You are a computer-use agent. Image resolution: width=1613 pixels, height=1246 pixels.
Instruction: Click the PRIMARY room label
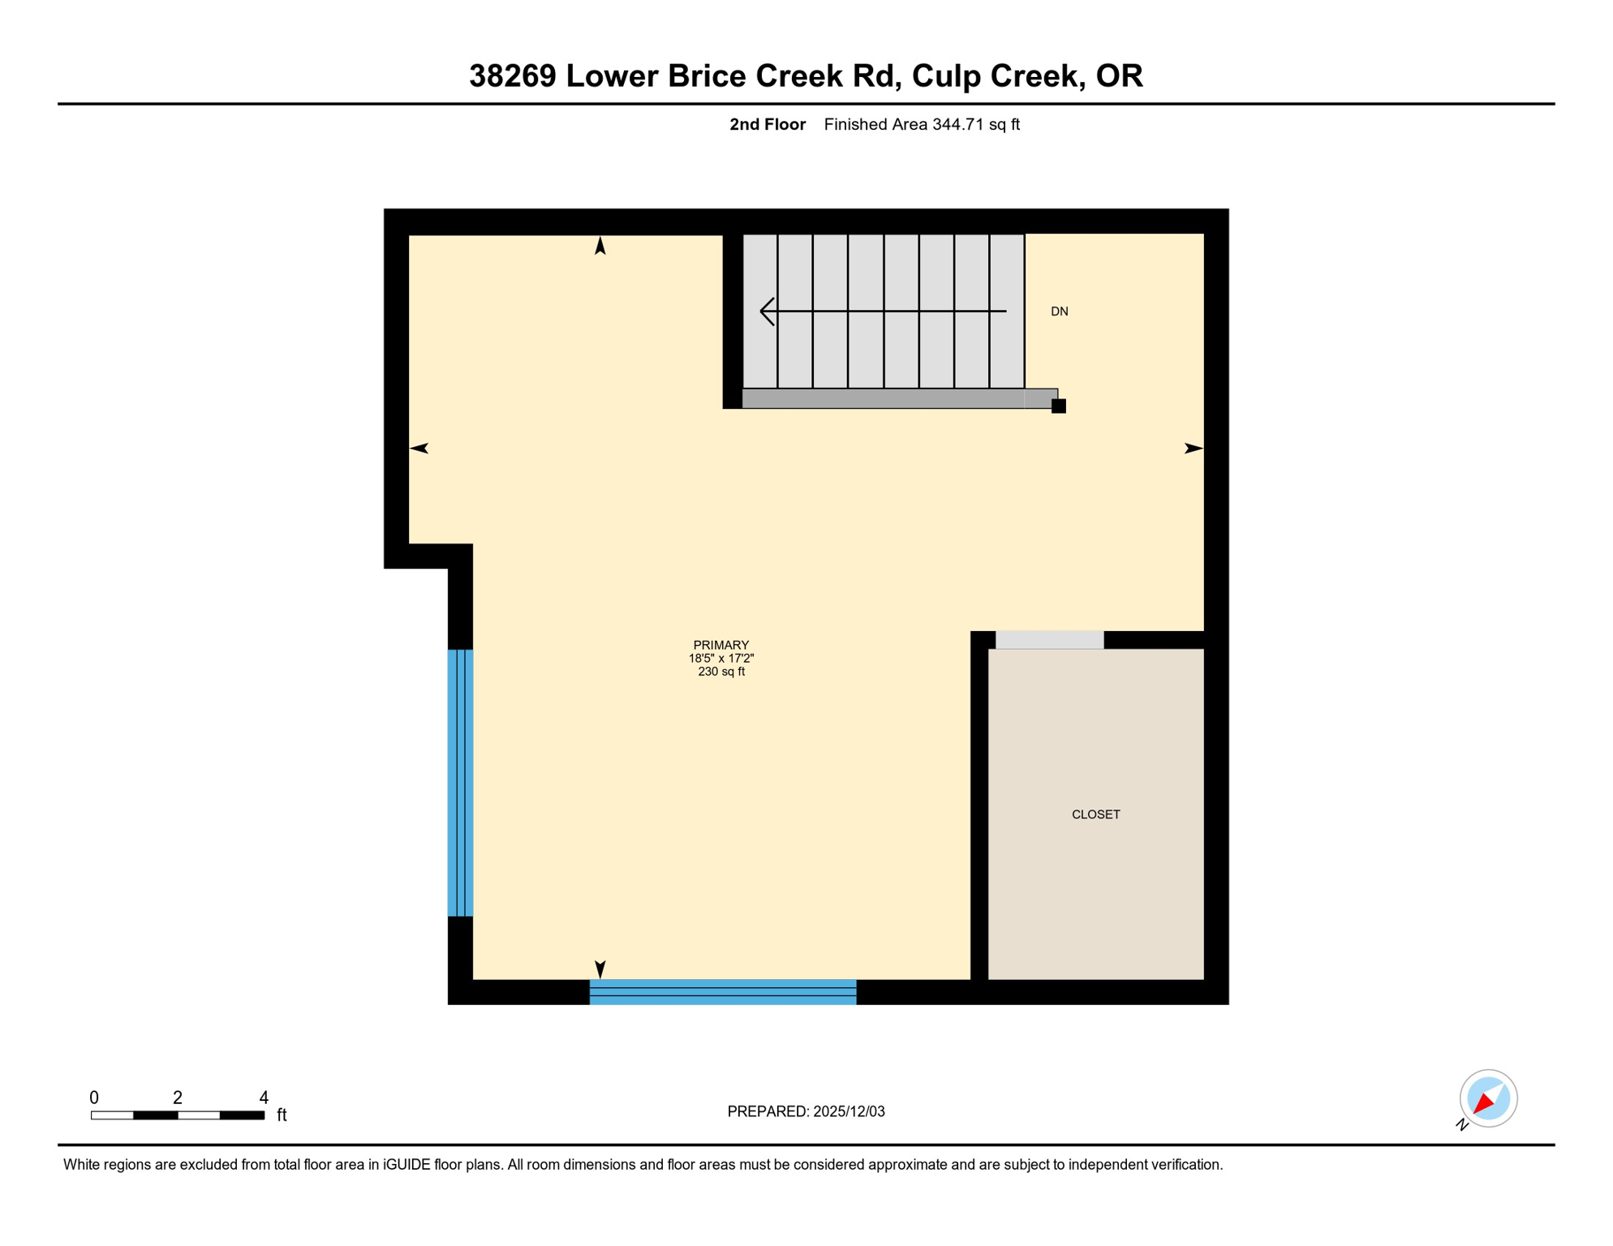click(720, 645)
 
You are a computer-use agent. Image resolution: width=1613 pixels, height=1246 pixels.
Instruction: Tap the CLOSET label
click(1095, 814)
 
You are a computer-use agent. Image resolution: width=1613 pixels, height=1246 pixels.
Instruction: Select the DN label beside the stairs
click(1059, 311)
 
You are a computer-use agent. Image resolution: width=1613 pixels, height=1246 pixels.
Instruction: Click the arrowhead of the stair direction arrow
click(765, 311)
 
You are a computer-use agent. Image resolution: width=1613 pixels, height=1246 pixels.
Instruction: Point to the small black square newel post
click(1058, 406)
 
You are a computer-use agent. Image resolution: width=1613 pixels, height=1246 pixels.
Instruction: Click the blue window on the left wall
click(460, 783)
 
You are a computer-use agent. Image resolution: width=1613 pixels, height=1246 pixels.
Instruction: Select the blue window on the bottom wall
click(722, 991)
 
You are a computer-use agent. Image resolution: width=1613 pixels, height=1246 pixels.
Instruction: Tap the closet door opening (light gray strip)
click(1049, 640)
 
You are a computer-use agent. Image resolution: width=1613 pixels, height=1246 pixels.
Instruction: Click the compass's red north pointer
click(1484, 1103)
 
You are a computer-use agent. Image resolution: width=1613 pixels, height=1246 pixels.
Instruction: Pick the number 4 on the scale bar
click(264, 1098)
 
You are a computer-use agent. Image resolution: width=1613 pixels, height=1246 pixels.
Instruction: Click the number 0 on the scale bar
click(94, 1098)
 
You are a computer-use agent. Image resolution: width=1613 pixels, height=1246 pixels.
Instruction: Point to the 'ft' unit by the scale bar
click(282, 1115)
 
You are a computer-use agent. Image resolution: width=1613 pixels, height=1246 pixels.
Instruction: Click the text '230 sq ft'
click(720, 672)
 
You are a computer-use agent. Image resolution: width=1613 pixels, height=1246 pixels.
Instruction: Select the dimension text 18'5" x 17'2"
click(720, 659)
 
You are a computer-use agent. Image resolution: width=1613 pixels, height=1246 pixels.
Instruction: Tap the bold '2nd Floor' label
click(767, 124)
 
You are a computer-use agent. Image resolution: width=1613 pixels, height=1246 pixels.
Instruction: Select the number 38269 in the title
click(513, 75)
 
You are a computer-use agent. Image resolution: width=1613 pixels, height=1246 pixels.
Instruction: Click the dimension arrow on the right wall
click(1194, 449)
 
